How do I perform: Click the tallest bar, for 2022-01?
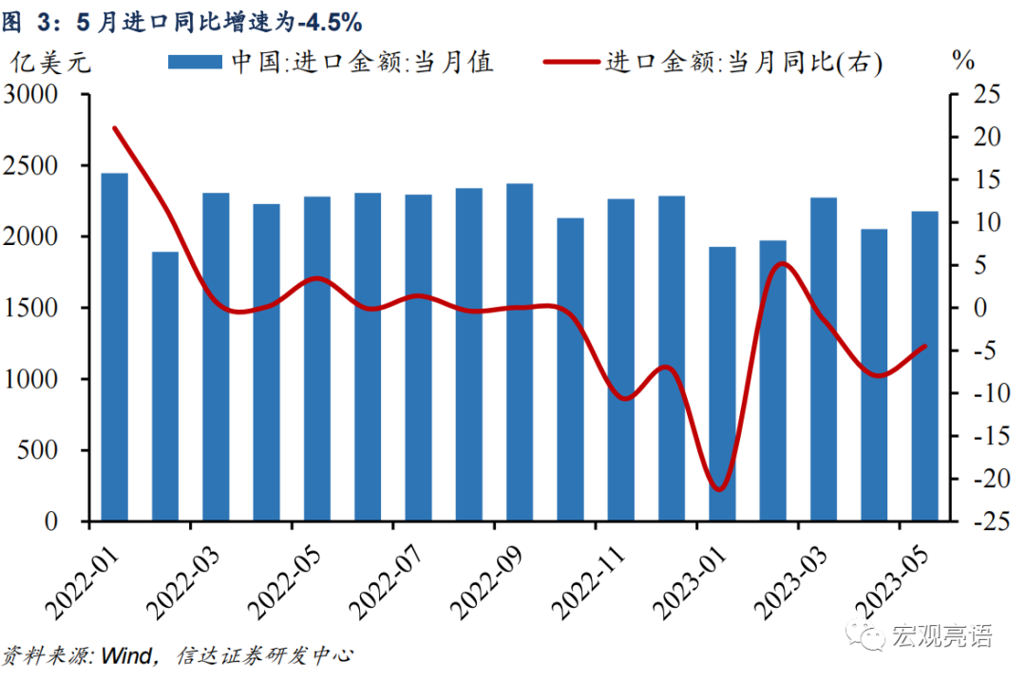[114, 347]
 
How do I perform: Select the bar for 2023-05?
[924, 366]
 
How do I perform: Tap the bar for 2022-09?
[520, 352]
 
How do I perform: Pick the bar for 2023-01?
[722, 384]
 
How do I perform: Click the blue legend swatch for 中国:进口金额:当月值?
[197, 63]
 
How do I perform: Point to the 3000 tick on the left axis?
[44, 95]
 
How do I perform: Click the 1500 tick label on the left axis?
[44, 309]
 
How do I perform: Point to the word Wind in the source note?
[124, 656]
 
